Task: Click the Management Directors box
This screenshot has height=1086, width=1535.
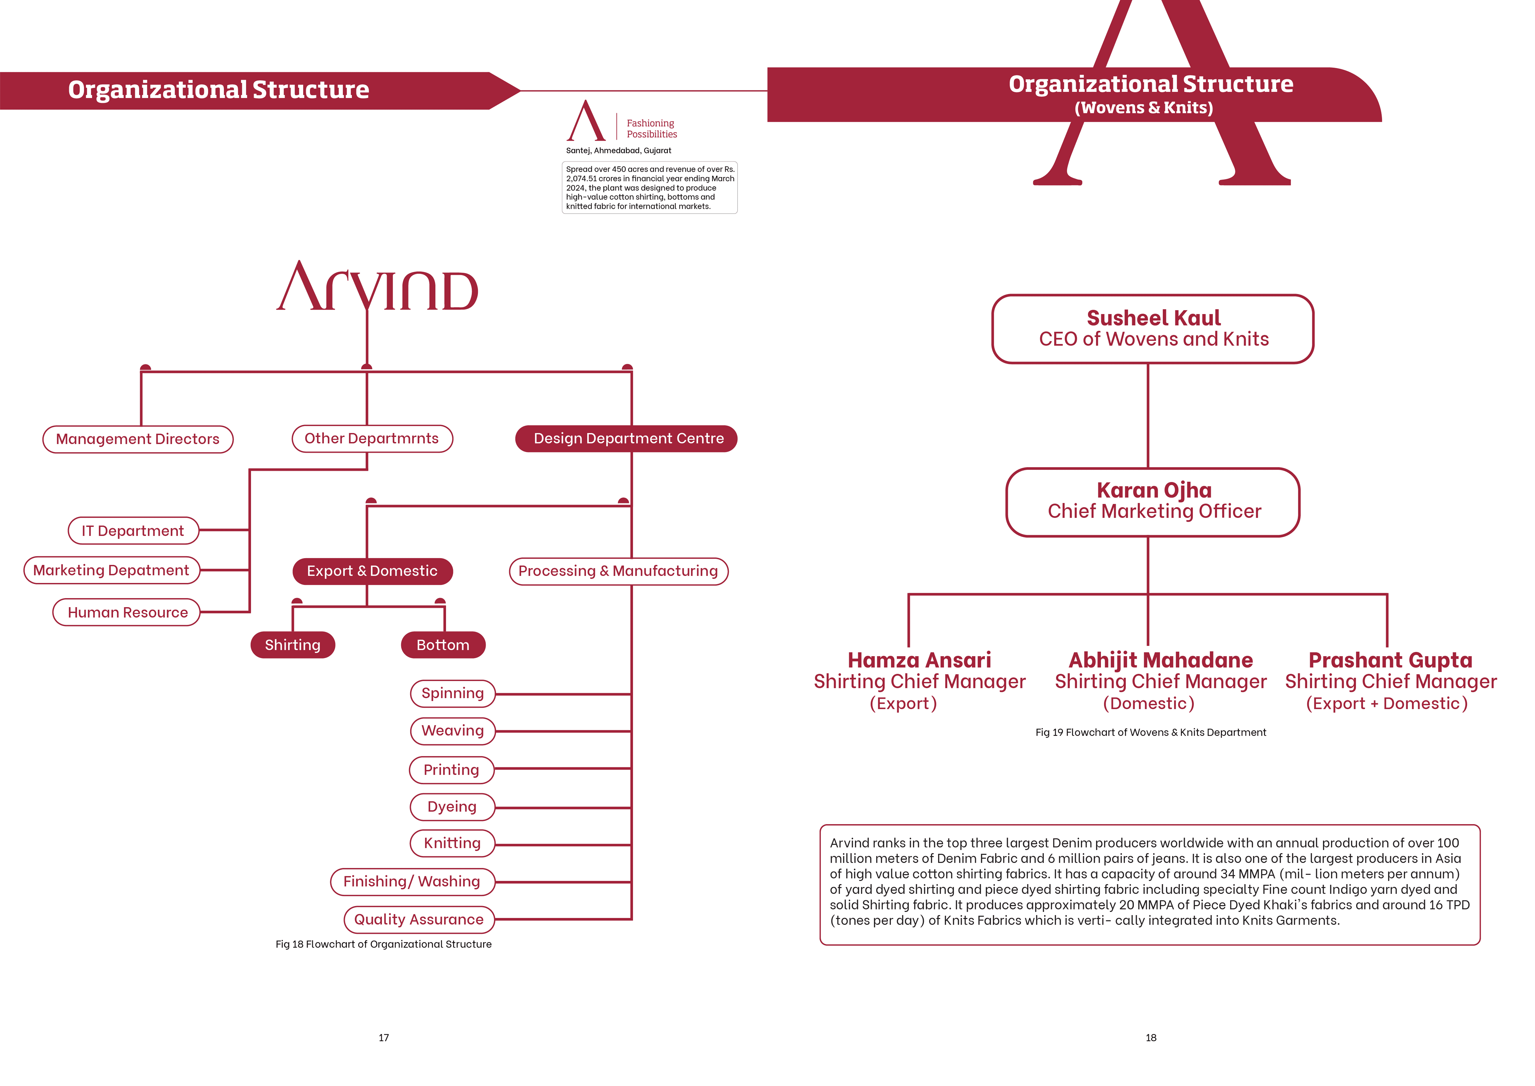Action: pos(138,439)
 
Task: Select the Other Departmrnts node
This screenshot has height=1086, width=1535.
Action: pos(372,439)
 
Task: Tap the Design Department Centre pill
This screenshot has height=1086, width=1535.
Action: pos(627,439)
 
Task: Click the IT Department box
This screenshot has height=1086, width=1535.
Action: pos(133,531)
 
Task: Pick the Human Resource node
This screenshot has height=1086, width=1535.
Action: pos(127,613)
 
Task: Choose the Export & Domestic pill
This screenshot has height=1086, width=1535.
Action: pos(372,571)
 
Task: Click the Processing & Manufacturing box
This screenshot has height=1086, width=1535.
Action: pos(618,571)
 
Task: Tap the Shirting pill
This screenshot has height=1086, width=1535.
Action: pos(293,645)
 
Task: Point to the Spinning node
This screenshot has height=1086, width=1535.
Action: pos(453,694)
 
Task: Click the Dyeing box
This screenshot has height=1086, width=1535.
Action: pos(452,807)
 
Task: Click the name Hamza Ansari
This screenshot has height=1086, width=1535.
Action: pos(919,661)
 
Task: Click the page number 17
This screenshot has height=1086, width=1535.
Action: pos(384,1038)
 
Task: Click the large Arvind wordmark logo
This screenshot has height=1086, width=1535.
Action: pos(378,288)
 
